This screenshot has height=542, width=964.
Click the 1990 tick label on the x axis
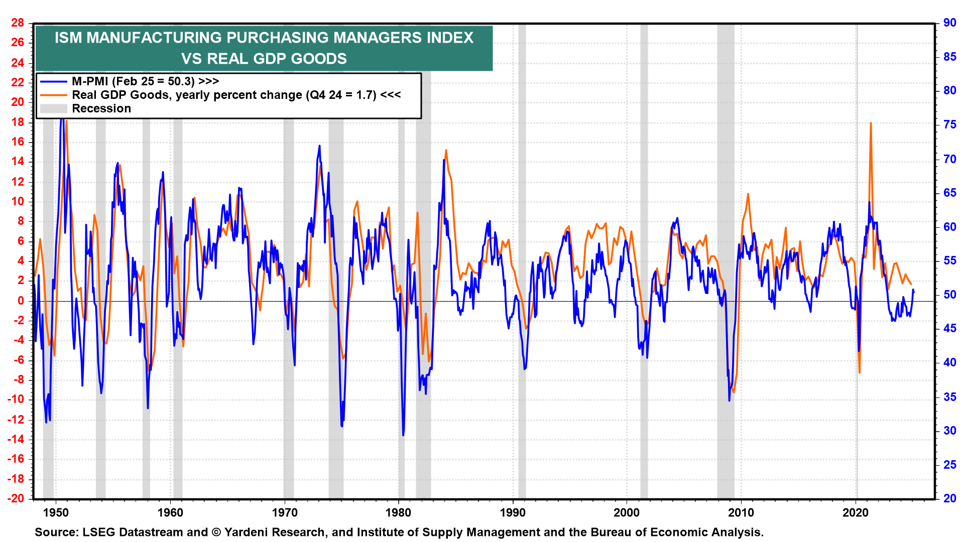click(x=513, y=513)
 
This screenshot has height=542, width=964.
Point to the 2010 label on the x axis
click(x=741, y=513)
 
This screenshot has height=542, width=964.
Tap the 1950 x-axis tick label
click(x=56, y=513)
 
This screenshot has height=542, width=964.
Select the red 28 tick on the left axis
click(x=18, y=23)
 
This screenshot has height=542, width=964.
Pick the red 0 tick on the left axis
click(x=21, y=301)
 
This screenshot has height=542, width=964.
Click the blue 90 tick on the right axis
click(x=949, y=23)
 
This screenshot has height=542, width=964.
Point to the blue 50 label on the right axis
click(x=949, y=295)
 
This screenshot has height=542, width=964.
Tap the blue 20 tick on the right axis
click(x=949, y=498)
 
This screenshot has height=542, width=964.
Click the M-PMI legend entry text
click(x=145, y=81)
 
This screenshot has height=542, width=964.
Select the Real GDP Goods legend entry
click(x=236, y=95)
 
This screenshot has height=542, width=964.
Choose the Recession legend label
click(x=101, y=108)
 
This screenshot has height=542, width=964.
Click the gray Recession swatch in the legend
click(x=53, y=108)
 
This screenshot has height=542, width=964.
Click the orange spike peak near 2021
click(x=871, y=123)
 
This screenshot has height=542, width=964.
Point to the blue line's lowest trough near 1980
click(x=403, y=435)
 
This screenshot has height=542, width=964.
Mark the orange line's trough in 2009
click(x=734, y=392)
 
